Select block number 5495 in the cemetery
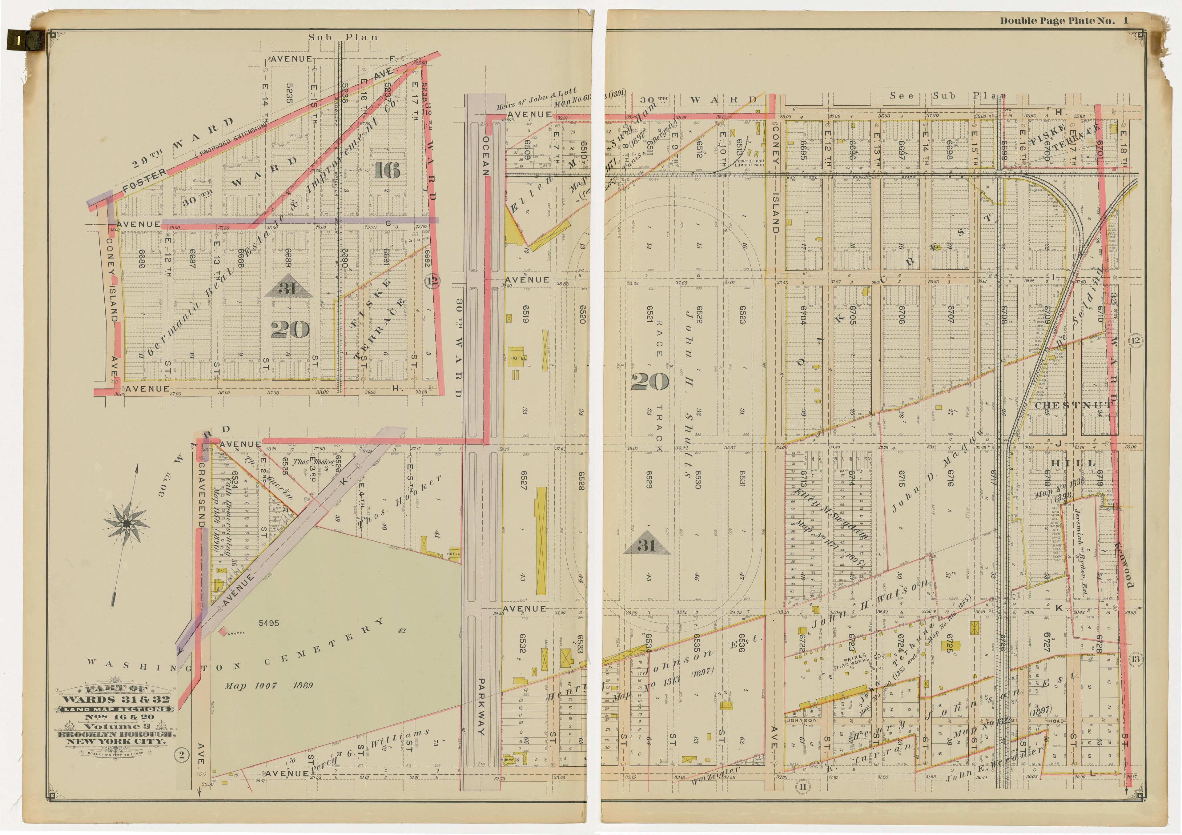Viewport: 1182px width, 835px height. pos(269,623)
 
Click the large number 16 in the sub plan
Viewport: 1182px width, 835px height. pos(387,170)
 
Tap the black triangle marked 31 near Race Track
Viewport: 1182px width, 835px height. pos(647,546)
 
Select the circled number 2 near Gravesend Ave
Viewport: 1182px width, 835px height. pos(181,755)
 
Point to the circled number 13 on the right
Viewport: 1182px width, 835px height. pos(1136,660)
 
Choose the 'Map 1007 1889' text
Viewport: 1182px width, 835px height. pos(269,685)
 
